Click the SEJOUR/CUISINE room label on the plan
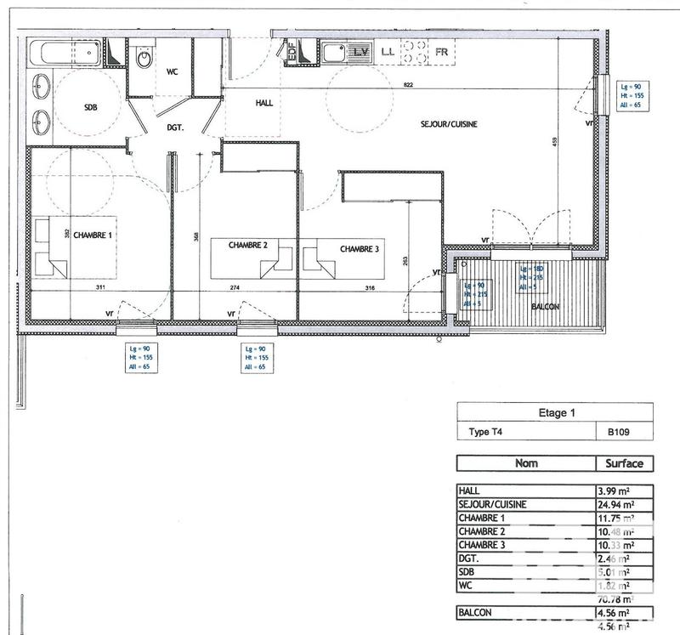click(449, 124)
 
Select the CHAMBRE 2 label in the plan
click(248, 245)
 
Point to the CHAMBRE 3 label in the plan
click(360, 249)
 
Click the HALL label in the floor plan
click(264, 103)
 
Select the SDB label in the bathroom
click(90, 108)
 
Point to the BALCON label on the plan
click(546, 306)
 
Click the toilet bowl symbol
click(144, 59)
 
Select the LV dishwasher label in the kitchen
click(360, 52)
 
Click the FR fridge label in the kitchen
click(441, 52)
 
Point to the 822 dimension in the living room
click(409, 85)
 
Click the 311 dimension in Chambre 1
click(99, 288)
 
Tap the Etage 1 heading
click(557, 413)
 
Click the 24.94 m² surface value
click(619, 504)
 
